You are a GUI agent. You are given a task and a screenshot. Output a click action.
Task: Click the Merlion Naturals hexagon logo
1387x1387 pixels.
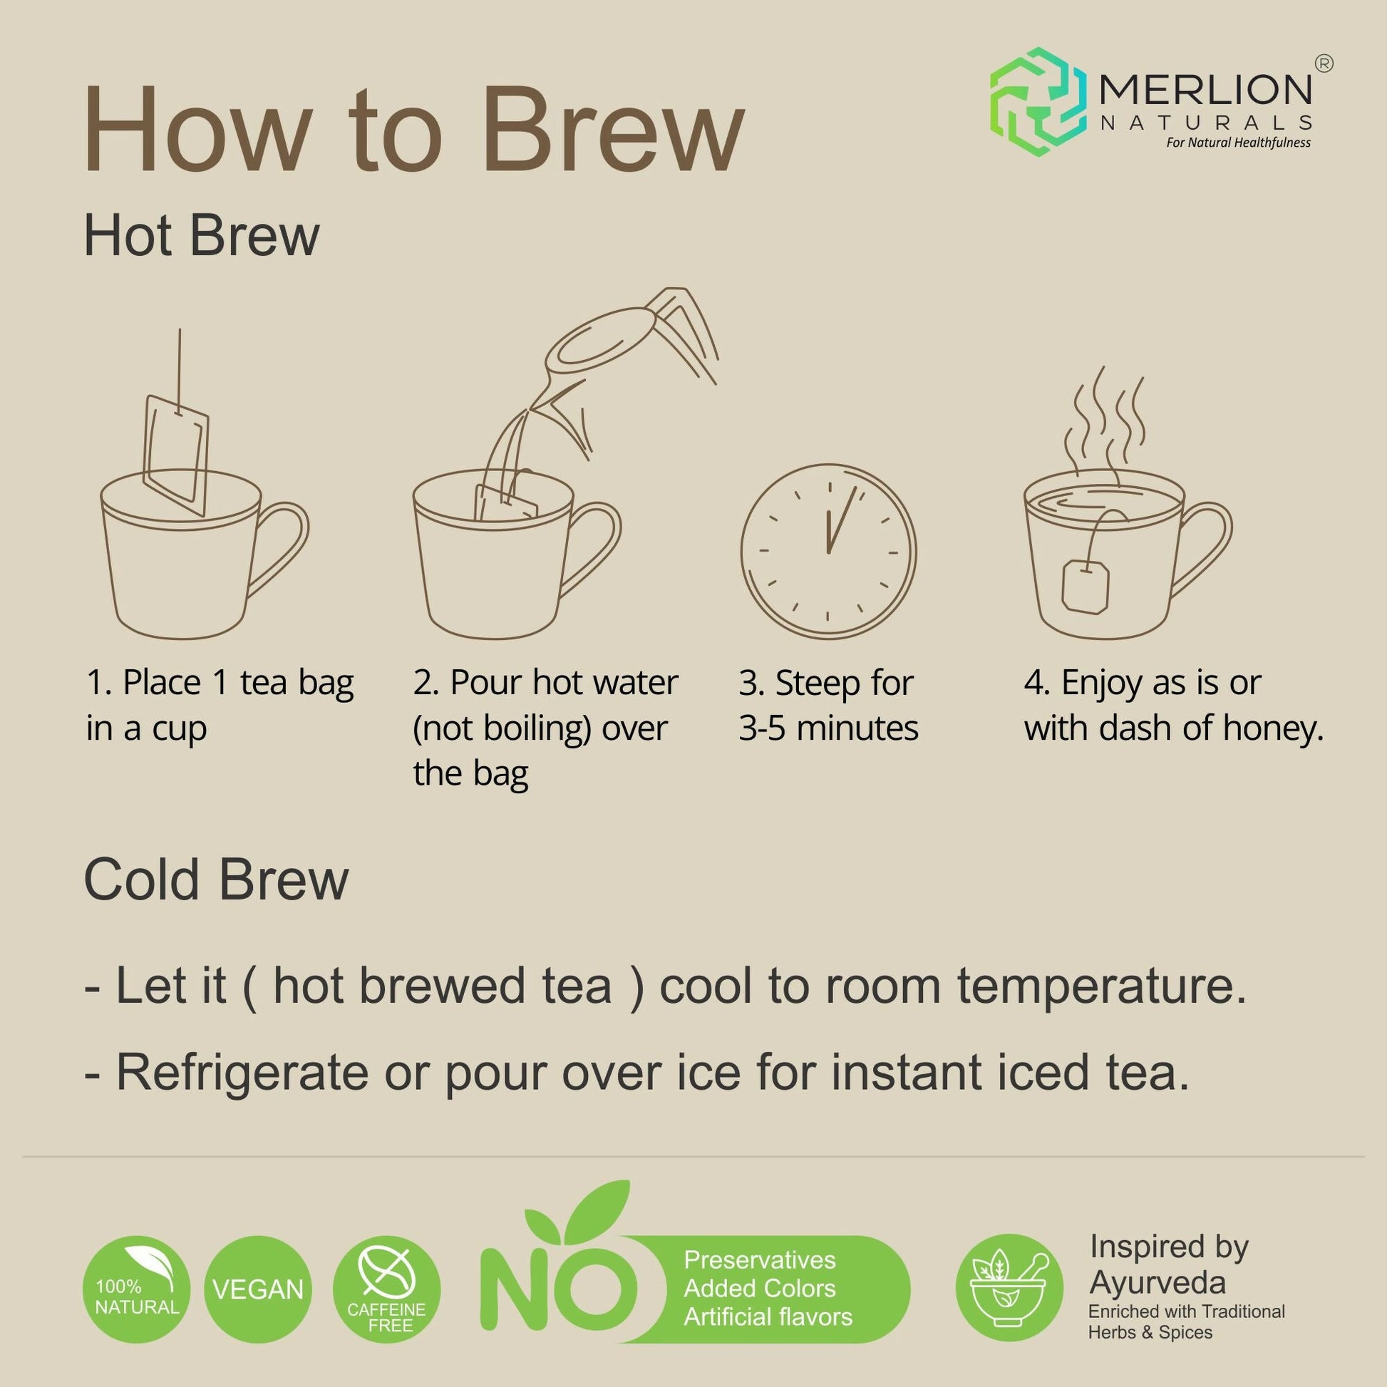point(1037,101)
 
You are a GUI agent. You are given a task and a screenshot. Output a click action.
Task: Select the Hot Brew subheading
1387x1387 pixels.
point(201,236)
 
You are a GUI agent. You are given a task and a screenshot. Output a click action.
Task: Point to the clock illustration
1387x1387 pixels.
point(828,552)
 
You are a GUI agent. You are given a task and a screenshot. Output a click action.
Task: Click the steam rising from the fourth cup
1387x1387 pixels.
point(1105,423)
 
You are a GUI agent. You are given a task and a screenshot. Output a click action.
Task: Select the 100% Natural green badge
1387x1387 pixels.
point(136,1289)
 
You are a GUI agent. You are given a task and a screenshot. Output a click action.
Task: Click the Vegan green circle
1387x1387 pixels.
point(258,1290)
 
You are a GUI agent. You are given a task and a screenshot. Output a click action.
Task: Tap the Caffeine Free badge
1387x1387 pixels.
point(387,1290)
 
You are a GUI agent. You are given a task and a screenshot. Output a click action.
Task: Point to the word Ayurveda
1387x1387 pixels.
point(1157,1283)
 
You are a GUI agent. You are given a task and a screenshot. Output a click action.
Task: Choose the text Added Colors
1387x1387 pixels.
point(760,1289)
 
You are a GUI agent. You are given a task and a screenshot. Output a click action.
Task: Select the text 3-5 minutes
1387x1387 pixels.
point(828,728)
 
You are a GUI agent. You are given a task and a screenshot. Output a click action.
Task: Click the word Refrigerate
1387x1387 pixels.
point(242,1073)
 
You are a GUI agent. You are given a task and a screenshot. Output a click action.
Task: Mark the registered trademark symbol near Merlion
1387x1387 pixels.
point(1324,64)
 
